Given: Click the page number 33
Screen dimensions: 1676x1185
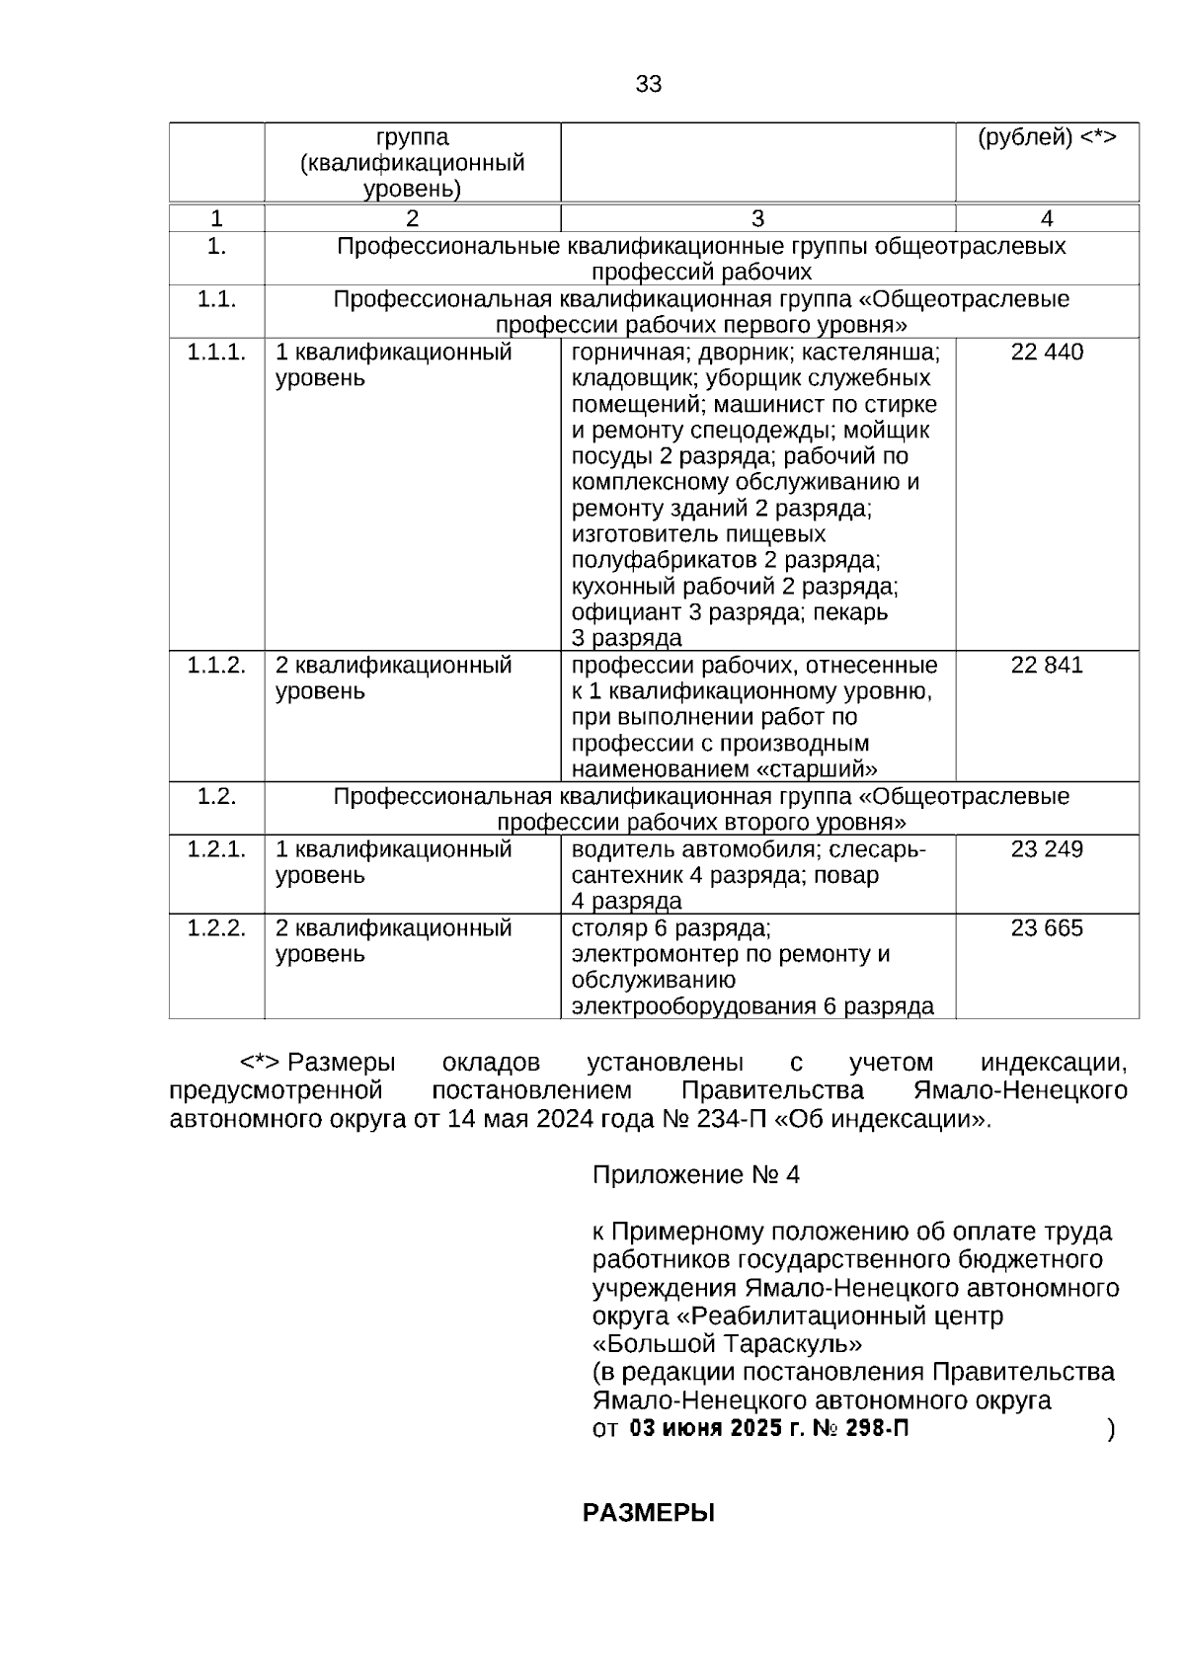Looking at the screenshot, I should (x=648, y=85).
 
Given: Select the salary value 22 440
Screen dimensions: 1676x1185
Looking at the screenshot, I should (x=1047, y=353).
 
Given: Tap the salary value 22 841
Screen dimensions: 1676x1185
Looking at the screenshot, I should (x=1047, y=665).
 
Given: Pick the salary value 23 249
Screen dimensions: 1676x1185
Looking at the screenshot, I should (x=1047, y=849).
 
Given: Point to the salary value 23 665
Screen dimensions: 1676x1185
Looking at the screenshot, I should (x=1047, y=928).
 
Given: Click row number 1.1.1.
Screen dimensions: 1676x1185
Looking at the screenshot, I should (x=216, y=353).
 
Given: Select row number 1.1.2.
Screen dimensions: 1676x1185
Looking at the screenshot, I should (x=216, y=665).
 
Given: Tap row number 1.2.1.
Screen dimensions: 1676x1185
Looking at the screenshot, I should (x=216, y=849).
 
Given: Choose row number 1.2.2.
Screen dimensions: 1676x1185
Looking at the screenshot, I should (x=216, y=928).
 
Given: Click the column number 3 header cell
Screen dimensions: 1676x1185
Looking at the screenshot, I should (x=757, y=219).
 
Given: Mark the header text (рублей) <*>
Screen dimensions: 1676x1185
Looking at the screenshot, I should (x=1047, y=138).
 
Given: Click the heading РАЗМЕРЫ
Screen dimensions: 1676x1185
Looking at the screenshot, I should (x=648, y=1513).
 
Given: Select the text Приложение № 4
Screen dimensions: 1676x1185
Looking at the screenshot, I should (x=695, y=1175).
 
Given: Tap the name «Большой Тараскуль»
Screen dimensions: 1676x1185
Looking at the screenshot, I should (x=727, y=1344).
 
